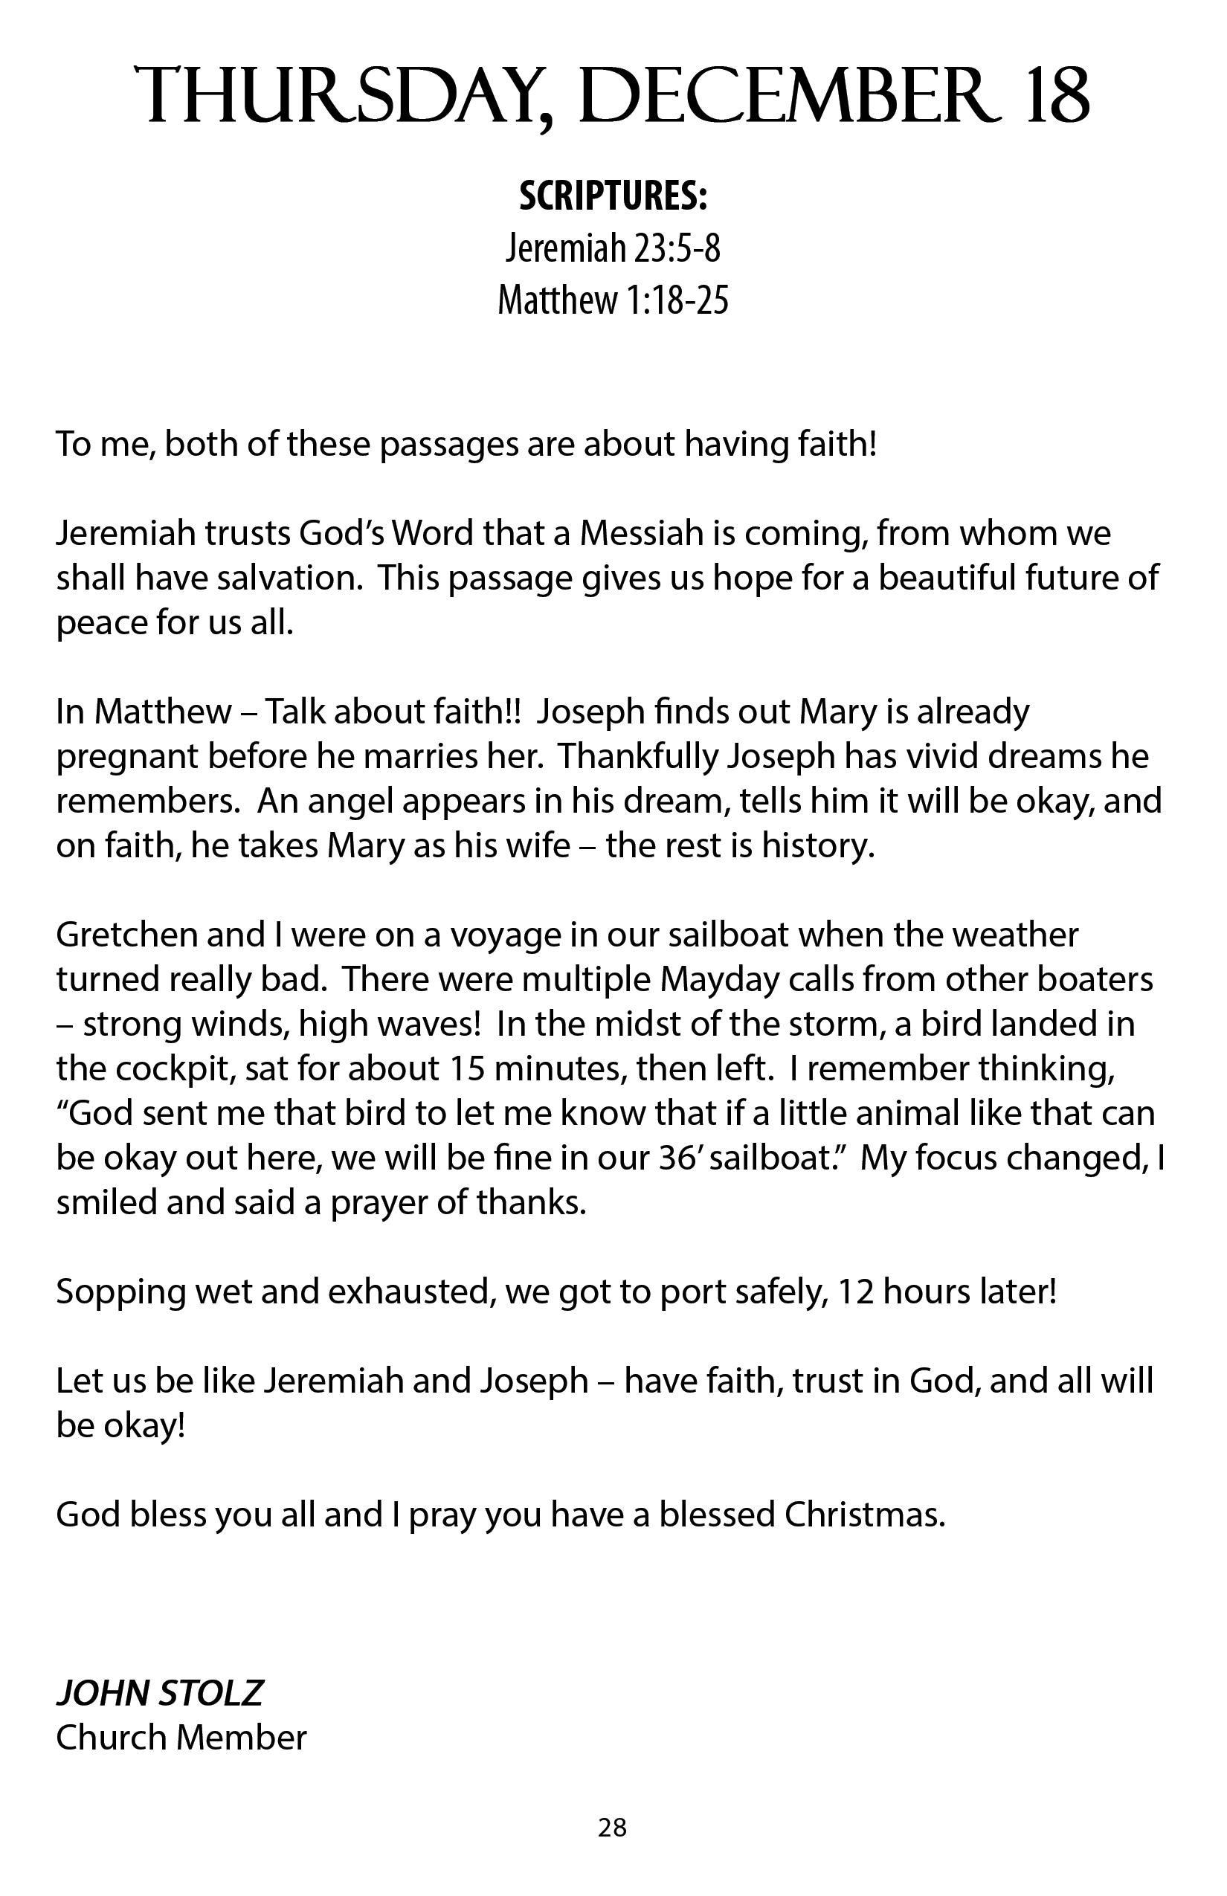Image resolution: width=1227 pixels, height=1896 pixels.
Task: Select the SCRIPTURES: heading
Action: coord(613,197)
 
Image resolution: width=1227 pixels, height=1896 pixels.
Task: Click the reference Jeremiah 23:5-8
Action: coord(613,248)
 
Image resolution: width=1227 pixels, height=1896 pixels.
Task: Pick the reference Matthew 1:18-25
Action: coord(613,300)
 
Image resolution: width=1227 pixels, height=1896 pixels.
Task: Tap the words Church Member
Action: coord(181,1738)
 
